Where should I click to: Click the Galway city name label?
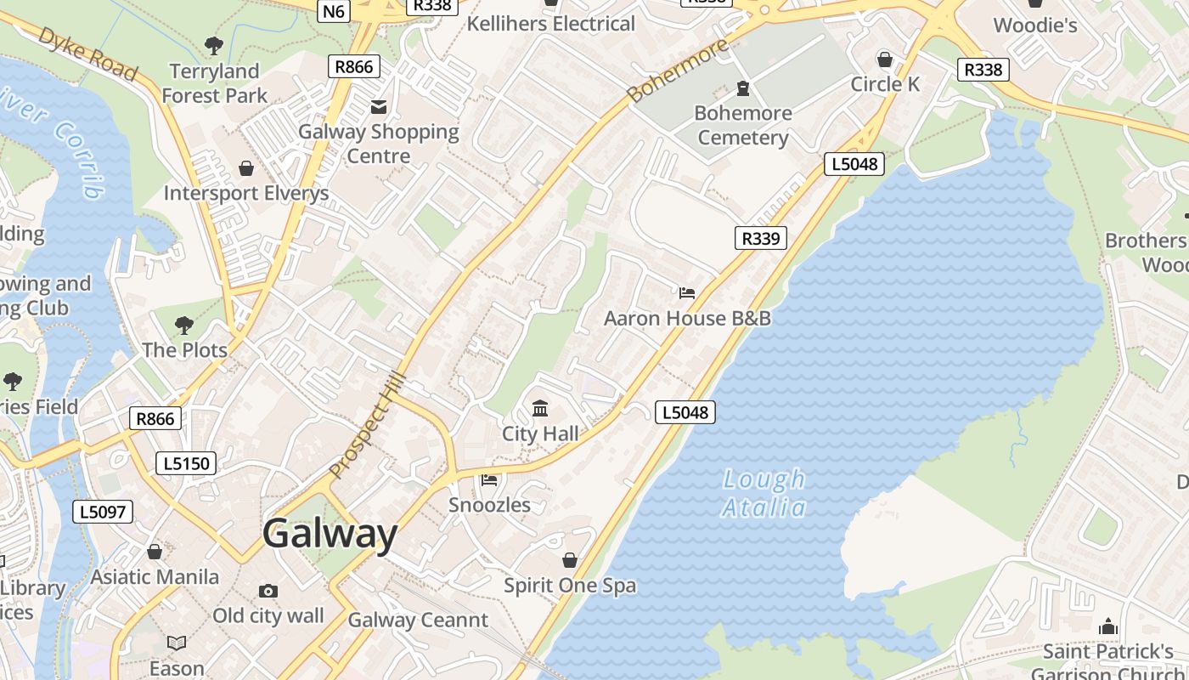click(x=330, y=535)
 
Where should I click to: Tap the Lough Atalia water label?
click(x=764, y=494)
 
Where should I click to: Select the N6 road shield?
click(x=334, y=11)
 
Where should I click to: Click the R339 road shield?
click(x=760, y=238)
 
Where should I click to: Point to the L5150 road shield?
click(x=186, y=463)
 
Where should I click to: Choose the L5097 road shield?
click(x=103, y=512)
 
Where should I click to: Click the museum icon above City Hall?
click(x=540, y=409)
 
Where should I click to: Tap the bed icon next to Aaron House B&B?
click(x=687, y=293)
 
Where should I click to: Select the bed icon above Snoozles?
click(x=489, y=480)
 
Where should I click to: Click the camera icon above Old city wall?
click(x=268, y=591)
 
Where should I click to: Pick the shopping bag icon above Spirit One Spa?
click(x=570, y=560)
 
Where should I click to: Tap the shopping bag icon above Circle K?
click(x=885, y=59)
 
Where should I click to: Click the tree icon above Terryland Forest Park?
click(x=214, y=46)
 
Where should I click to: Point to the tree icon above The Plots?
click(x=183, y=325)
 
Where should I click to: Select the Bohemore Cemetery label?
click(x=743, y=125)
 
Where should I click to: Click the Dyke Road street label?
click(x=87, y=54)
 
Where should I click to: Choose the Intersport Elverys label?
click(x=246, y=193)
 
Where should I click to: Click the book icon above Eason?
click(x=177, y=643)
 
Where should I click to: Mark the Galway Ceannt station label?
click(x=418, y=620)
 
